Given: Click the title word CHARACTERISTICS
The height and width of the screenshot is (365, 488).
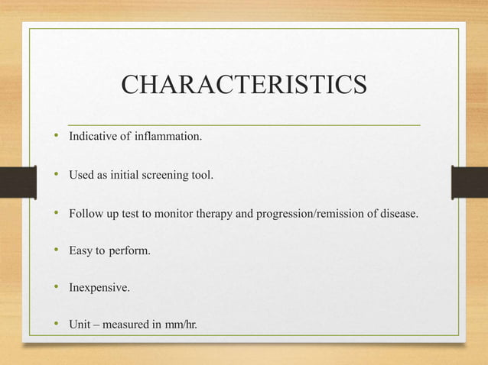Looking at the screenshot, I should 244,86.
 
